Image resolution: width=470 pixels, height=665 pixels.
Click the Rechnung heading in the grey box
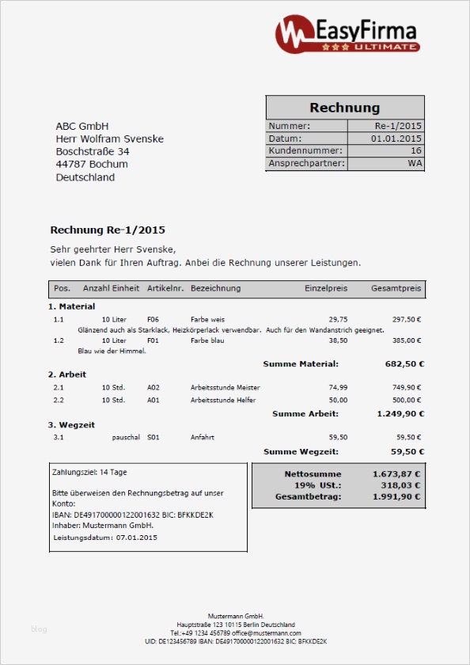(344, 108)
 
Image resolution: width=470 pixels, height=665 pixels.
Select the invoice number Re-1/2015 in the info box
(398, 126)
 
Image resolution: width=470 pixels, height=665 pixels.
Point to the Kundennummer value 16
(416, 150)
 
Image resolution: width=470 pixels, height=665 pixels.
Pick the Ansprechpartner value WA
(415, 163)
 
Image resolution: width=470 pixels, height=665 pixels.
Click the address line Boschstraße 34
(93, 151)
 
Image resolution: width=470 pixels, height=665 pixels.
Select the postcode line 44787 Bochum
(92, 164)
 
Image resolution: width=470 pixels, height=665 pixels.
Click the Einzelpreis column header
(326, 288)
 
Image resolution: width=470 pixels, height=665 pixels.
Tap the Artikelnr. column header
(165, 288)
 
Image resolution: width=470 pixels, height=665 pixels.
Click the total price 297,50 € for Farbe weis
(407, 319)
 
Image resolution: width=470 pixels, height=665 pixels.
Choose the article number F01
(153, 340)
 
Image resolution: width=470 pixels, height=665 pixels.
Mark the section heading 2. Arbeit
(67, 374)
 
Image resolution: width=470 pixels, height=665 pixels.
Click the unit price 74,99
(338, 387)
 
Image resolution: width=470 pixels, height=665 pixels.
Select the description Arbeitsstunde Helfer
(223, 400)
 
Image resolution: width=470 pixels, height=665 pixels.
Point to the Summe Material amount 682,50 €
(404, 364)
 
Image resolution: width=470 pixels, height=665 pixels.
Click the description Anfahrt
(203, 436)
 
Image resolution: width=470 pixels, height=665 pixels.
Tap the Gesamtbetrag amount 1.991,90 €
(396, 497)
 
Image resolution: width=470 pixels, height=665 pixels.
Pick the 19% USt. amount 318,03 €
(400, 485)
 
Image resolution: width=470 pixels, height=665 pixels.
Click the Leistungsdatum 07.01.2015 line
(105, 538)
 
